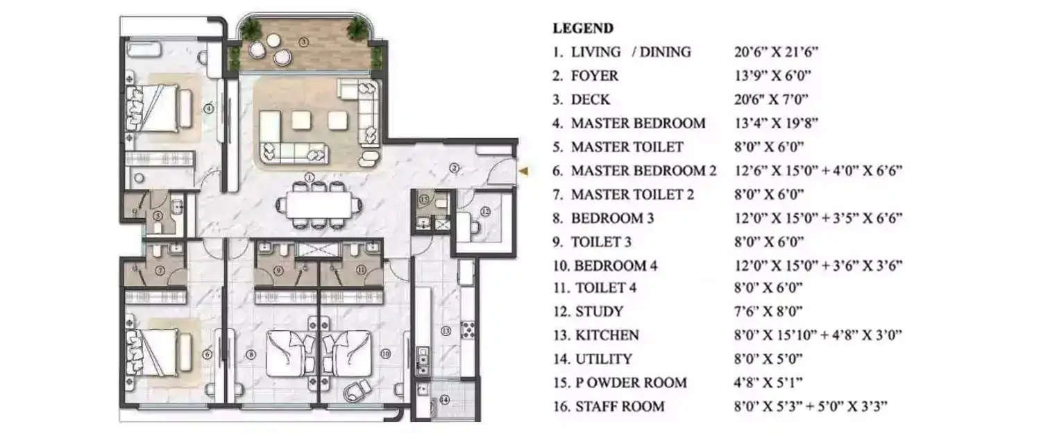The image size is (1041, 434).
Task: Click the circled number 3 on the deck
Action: (303, 42)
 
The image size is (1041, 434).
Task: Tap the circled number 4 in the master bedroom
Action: (208, 108)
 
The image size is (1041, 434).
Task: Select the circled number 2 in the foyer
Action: (453, 167)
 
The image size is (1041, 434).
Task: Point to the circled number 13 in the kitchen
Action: (446, 331)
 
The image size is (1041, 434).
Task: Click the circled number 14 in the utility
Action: (445, 399)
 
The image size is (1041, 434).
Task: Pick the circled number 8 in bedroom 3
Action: (251, 353)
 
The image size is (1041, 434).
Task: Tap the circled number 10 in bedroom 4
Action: (386, 353)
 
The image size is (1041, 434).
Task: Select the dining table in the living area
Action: (319, 205)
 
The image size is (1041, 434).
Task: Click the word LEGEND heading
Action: (582, 28)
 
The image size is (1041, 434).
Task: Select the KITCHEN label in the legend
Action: (607, 335)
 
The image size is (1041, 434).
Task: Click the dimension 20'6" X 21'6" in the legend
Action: (778, 52)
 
